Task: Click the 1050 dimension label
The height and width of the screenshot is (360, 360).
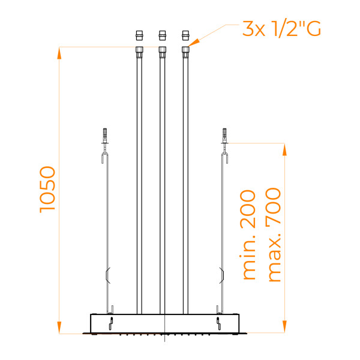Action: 48,188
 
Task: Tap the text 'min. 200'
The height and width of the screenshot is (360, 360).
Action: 248,235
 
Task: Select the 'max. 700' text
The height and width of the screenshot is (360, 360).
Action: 273,235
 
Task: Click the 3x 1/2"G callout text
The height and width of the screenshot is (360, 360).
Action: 281,29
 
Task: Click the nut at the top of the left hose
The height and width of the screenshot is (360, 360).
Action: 139,50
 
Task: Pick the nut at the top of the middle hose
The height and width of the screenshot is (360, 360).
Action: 161,50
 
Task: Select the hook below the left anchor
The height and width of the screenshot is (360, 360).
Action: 106,158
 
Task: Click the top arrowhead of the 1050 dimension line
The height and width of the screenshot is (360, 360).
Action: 59,53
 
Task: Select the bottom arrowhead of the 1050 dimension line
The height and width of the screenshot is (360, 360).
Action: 59,326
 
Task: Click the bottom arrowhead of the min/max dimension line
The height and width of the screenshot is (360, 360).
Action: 284,326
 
